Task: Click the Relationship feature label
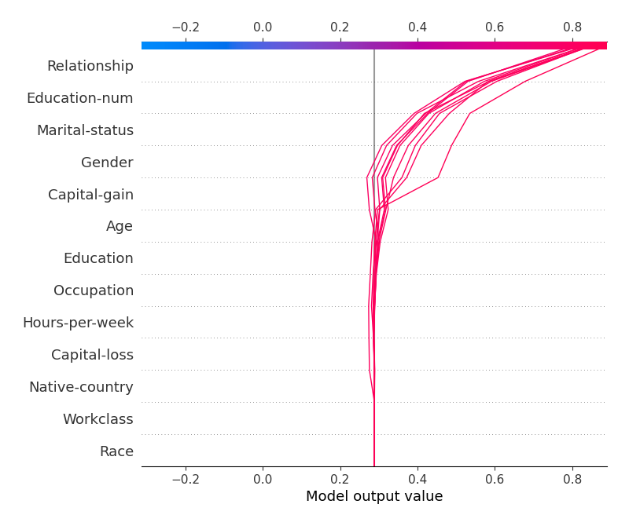(x=90, y=66)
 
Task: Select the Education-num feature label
(x=79, y=98)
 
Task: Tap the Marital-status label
(x=85, y=130)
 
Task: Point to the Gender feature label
(x=107, y=163)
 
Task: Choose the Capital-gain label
(x=90, y=195)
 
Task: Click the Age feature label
(x=120, y=227)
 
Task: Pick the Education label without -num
(x=98, y=258)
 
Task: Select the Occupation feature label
(x=94, y=290)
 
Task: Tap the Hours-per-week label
(x=78, y=323)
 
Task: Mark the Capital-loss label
(x=92, y=355)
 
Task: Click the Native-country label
(x=81, y=387)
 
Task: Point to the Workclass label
(x=97, y=419)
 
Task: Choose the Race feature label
(x=116, y=451)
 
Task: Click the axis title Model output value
(x=374, y=497)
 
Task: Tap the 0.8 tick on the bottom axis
(x=572, y=478)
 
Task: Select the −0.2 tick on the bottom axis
(x=185, y=478)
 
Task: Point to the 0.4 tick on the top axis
(x=417, y=27)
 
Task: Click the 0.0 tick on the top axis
(x=263, y=27)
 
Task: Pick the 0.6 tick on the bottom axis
(x=495, y=478)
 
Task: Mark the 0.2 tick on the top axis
(x=340, y=27)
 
